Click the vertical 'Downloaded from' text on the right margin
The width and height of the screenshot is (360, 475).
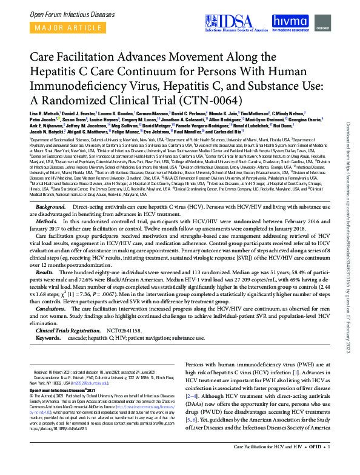tap(347, 140)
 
